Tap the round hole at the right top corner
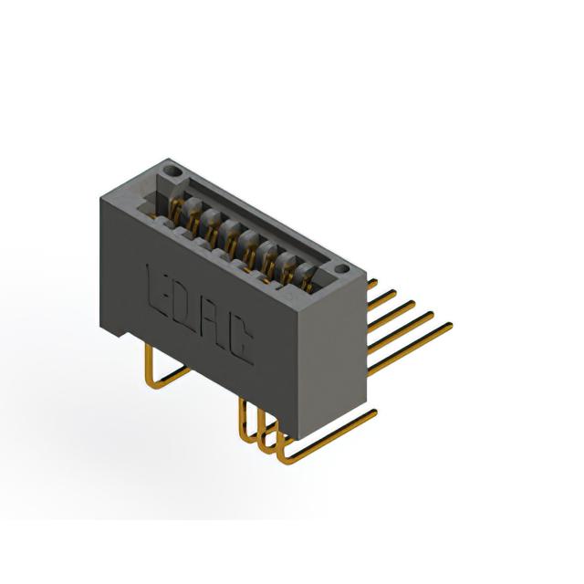341,269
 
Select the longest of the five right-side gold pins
410,348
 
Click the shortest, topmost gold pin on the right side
372,284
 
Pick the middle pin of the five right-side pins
391,316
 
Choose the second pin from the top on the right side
381,300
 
